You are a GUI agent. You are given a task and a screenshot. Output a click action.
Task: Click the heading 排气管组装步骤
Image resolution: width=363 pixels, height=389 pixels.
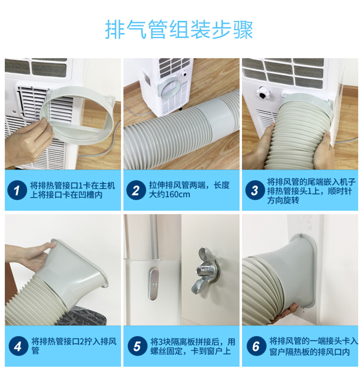click(x=179, y=30)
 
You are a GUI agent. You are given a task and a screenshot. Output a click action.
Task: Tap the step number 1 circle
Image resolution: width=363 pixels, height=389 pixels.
click(x=17, y=190)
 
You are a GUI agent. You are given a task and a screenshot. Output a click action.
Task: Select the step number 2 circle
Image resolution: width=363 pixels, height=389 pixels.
click(x=136, y=190)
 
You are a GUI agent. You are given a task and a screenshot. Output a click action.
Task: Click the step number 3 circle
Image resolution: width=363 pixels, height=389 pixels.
click(x=255, y=190)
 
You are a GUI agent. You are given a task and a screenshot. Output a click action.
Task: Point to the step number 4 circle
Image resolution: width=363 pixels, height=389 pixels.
click(x=18, y=346)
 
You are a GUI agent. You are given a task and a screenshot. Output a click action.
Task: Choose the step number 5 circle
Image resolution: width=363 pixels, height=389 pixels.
click(x=137, y=346)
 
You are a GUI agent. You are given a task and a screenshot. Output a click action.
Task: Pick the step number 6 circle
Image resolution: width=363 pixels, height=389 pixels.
click(x=256, y=346)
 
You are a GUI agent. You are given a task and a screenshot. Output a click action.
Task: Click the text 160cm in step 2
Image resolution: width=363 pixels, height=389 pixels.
click(x=177, y=194)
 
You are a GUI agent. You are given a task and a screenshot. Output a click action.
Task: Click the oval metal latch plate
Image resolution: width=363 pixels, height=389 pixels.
click(x=154, y=284)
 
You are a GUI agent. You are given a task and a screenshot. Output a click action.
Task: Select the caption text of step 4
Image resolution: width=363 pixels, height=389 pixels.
click(x=74, y=346)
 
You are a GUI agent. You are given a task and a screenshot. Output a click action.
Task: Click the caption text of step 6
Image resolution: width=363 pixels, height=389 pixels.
click(x=314, y=346)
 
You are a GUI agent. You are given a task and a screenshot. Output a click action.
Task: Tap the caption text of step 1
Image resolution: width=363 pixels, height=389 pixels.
click(x=73, y=190)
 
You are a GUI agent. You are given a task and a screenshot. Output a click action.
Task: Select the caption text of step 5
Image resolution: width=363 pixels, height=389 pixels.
click(x=193, y=346)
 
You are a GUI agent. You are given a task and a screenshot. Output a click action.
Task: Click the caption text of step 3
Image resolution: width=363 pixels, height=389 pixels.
click(x=311, y=190)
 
